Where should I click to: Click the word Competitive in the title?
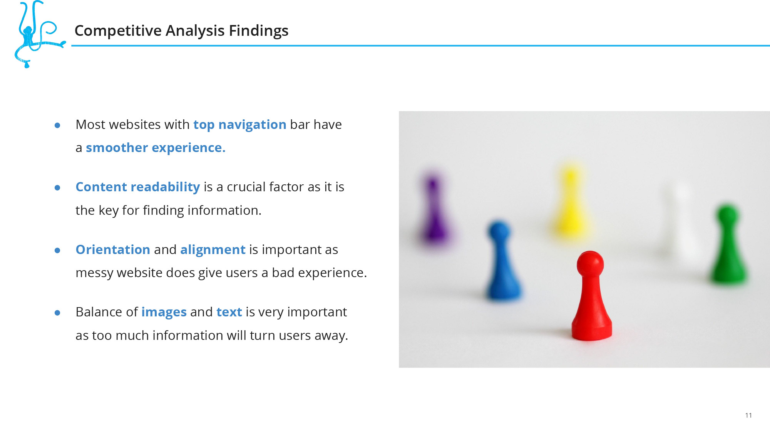coord(118,31)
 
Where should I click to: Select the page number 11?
coord(748,415)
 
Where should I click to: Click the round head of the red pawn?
coord(590,264)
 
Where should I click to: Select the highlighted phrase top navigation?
coord(239,125)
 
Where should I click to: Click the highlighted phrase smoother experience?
coord(156,148)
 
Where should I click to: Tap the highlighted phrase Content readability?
coord(138,187)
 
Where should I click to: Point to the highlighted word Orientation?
coord(113,249)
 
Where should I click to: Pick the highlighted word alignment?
coord(213,250)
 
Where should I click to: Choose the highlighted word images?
coord(164,313)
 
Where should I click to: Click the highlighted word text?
coord(229,312)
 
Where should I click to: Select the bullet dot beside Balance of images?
coord(57,313)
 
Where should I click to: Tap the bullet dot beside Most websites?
coord(57,125)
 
